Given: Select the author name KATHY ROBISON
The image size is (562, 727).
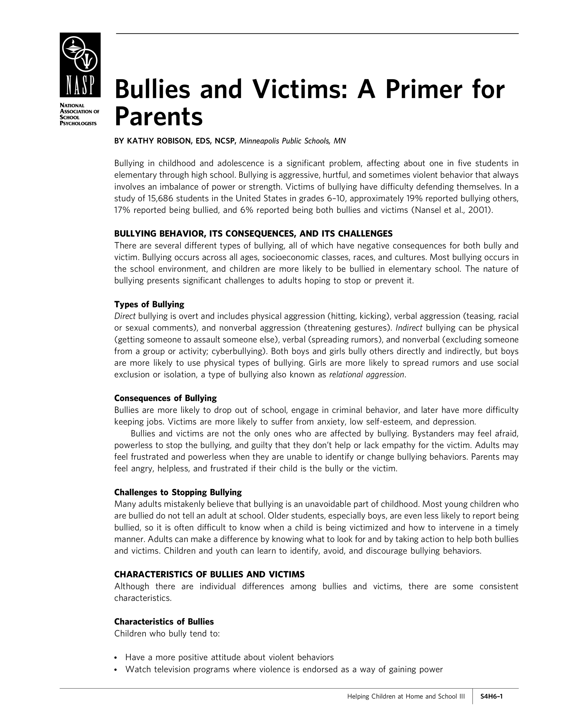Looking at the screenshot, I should point(158,141).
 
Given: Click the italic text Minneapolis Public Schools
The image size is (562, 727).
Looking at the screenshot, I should point(285,141).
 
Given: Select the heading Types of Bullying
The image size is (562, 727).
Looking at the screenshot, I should point(149,304).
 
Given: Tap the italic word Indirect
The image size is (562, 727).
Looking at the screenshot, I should point(409,328).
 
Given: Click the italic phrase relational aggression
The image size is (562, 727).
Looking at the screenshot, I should point(367,375).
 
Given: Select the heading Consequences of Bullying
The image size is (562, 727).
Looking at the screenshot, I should point(165,398).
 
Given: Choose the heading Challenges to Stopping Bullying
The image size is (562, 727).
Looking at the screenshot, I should point(178,492).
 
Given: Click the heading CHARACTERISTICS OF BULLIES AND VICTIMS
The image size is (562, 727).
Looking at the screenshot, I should point(209,575).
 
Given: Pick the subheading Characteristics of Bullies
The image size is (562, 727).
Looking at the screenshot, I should point(164,622).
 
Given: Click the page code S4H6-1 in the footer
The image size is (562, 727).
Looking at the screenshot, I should point(491,696).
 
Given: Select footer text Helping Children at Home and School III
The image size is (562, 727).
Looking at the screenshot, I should point(406,696).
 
